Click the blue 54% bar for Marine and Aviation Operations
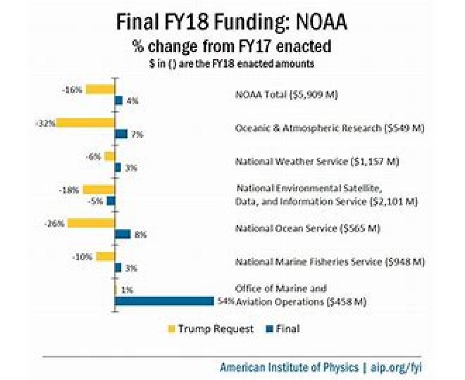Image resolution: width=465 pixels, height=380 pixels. click(164, 301)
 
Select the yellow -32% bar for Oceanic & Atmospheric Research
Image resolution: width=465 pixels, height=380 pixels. click(86, 123)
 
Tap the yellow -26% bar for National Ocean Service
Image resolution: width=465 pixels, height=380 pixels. click(91, 223)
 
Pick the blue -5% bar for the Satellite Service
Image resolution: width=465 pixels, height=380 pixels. click(111, 201)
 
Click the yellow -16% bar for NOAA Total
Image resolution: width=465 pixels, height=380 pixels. click(100, 89)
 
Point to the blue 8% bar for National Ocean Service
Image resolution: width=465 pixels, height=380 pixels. click(123, 234)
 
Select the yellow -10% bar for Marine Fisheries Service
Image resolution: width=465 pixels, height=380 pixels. click(105, 256)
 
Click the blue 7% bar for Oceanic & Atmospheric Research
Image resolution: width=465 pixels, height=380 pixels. click(121, 134)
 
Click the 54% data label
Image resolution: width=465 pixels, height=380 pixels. click(226, 301)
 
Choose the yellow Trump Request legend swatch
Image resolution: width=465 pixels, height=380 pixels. click(171, 329)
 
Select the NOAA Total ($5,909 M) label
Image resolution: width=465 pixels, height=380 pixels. click(287, 95)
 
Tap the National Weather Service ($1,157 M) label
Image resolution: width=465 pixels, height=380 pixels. click(317, 162)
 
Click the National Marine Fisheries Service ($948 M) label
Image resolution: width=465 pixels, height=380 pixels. click(330, 262)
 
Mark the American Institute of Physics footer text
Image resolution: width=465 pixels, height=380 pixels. click(289, 367)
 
